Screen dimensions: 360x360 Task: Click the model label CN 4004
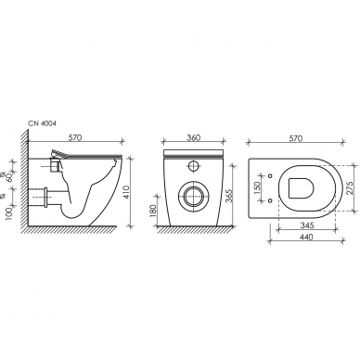click(43, 123)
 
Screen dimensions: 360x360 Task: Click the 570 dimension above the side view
click(74, 137)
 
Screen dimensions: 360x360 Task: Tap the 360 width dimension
click(193, 137)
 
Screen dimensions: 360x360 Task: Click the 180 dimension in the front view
click(153, 210)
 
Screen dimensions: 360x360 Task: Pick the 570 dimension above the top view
click(295, 138)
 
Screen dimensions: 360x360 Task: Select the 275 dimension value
click(350, 187)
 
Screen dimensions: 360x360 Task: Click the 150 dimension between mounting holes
click(258, 188)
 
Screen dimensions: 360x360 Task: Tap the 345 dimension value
click(307, 225)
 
